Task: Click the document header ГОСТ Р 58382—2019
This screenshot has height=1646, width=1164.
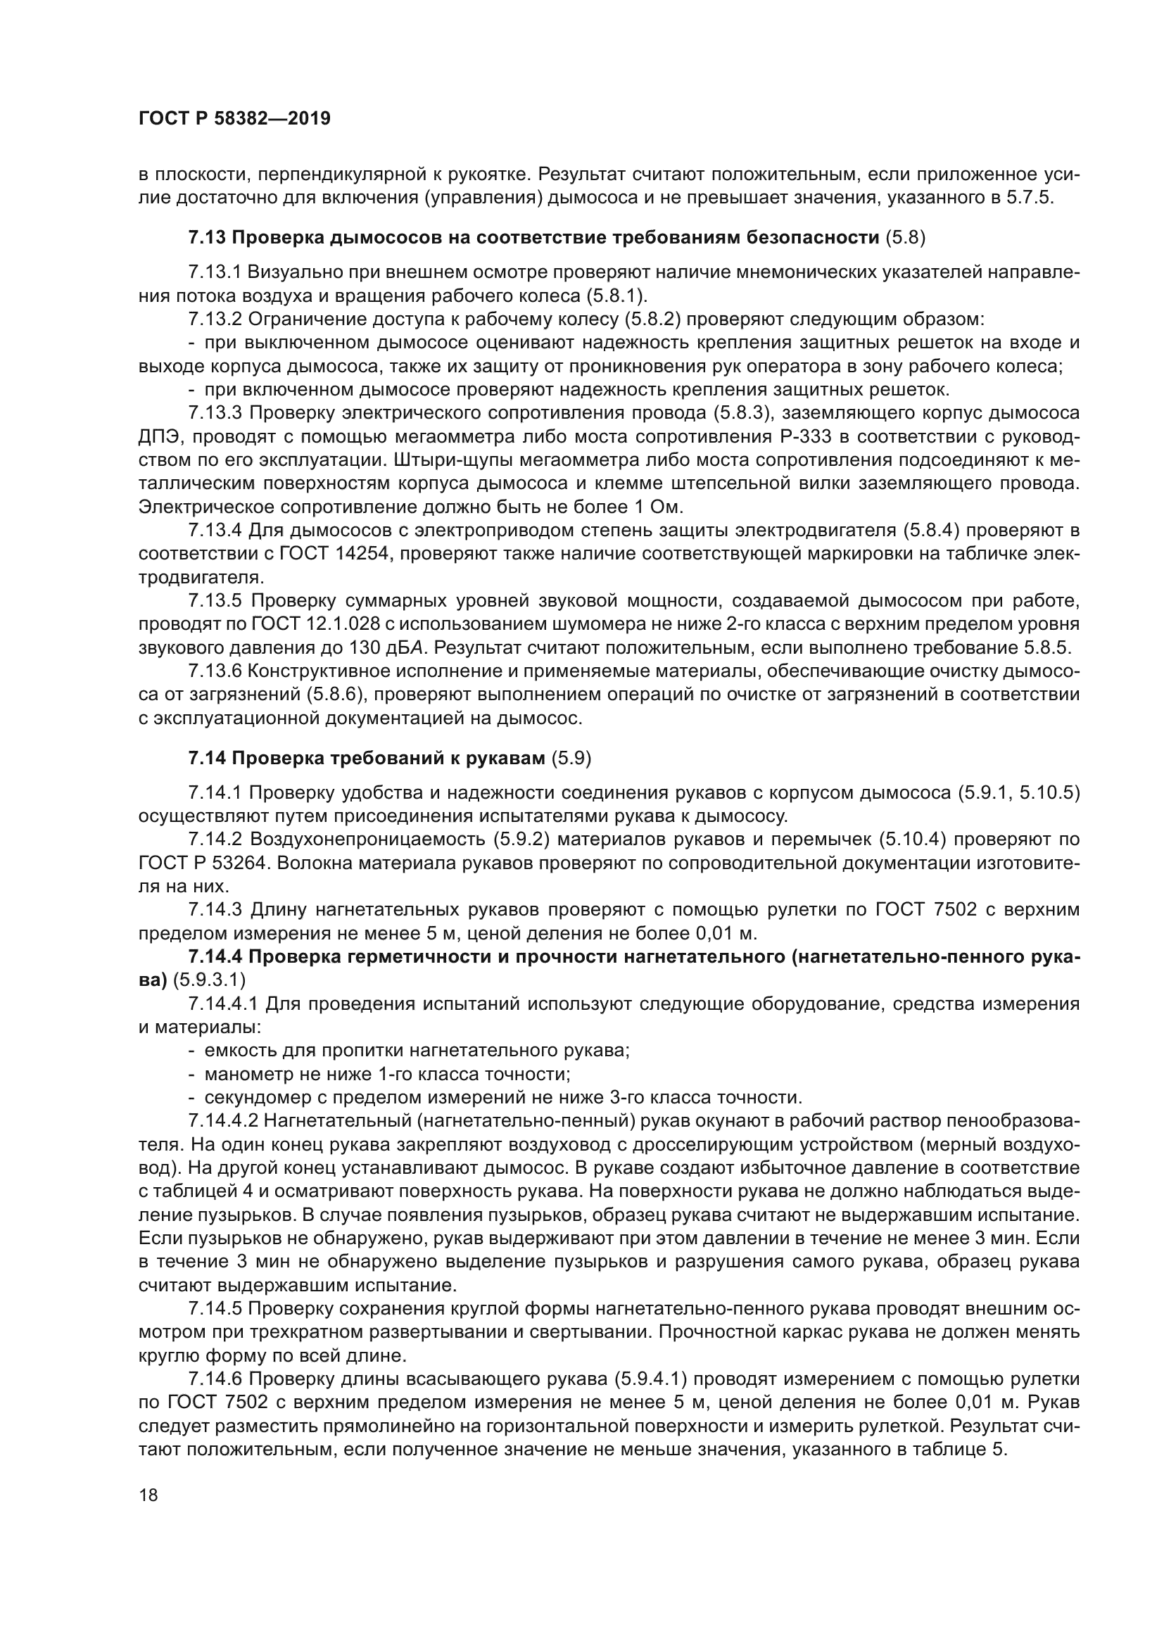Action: click(x=234, y=119)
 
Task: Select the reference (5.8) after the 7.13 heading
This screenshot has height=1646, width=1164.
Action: click(x=905, y=238)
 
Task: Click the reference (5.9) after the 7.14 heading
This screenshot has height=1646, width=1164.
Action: click(x=571, y=759)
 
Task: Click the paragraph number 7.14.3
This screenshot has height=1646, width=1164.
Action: click(x=216, y=910)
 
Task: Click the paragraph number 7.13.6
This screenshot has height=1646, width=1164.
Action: click(x=216, y=672)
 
